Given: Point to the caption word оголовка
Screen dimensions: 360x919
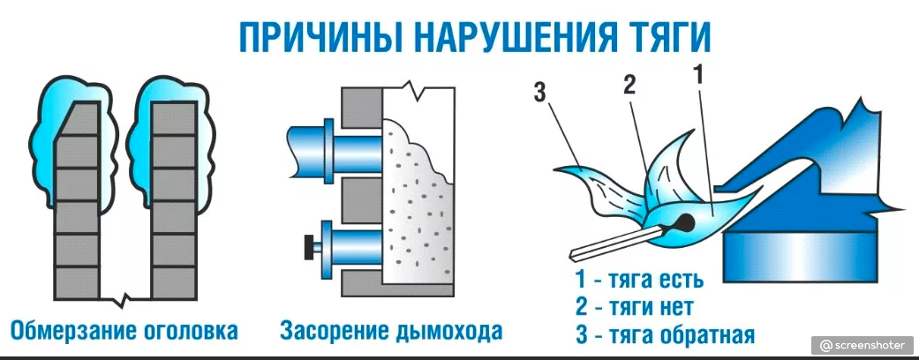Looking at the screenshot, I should (x=188, y=332).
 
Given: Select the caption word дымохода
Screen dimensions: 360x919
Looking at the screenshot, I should (x=450, y=332).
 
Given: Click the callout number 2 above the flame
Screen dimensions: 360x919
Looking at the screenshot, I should (x=629, y=85).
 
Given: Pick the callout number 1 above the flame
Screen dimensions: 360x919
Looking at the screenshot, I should (x=697, y=76).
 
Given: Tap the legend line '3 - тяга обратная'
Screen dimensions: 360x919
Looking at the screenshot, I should (x=664, y=335).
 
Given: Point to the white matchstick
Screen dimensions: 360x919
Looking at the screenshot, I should (x=618, y=241).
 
